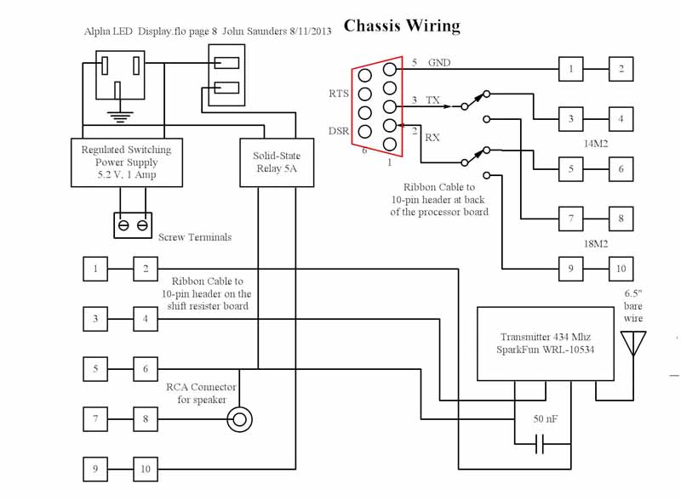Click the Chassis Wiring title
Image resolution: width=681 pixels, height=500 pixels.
pos(402,26)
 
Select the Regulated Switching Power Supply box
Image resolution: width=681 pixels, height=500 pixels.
pos(126,162)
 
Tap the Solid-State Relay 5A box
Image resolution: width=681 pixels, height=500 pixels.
pos(277,162)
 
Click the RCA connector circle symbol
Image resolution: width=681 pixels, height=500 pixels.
pos(239,418)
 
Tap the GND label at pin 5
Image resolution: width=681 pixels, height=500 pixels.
pos(440,63)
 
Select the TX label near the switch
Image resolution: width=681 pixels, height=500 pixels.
pos(433,100)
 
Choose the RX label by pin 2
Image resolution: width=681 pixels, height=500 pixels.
pos(432,136)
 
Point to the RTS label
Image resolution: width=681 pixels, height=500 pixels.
pos(338,94)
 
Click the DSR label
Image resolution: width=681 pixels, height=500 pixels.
pos(338,131)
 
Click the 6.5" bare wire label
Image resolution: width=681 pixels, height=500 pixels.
pos(634,305)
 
